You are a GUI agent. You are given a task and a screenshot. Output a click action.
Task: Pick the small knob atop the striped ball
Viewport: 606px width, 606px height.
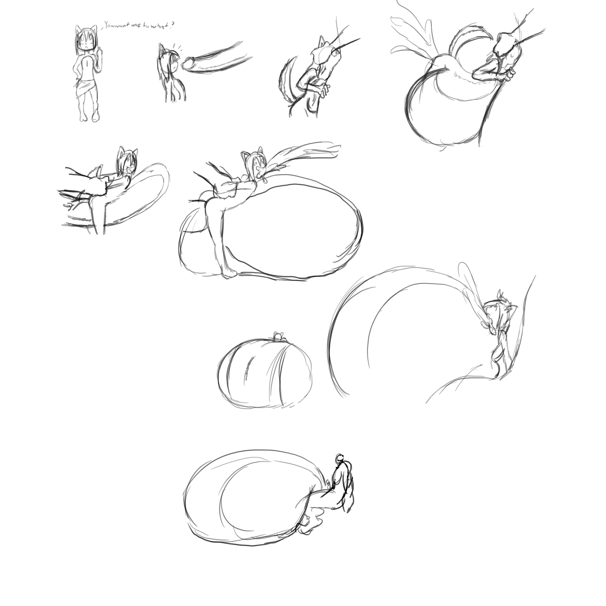278,337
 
